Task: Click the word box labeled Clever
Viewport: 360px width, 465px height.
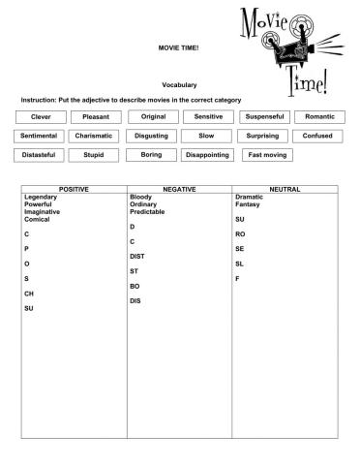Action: pyautogui.click(x=42, y=117)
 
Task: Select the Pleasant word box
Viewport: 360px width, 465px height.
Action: pyautogui.click(x=95, y=117)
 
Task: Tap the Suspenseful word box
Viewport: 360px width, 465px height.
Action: pyautogui.click(x=264, y=117)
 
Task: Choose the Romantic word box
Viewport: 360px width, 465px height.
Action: pyautogui.click(x=319, y=117)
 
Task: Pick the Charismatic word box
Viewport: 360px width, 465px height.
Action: pyautogui.click(x=95, y=136)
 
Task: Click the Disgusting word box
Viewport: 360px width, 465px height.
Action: pyautogui.click(x=151, y=136)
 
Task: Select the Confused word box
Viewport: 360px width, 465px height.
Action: pyautogui.click(x=317, y=136)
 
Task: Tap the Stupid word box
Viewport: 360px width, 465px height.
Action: pyautogui.click(x=94, y=154)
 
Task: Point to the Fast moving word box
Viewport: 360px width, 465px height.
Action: pyautogui.click(x=268, y=154)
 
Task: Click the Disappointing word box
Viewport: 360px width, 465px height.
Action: pyautogui.click(x=207, y=154)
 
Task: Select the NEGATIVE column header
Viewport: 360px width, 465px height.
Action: pyautogui.click(x=180, y=189)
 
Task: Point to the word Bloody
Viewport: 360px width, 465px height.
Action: pyautogui.click(x=140, y=197)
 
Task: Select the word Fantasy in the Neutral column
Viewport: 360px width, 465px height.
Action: pyautogui.click(x=248, y=204)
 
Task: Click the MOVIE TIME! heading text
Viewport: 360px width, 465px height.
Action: pyautogui.click(x=179, y=47)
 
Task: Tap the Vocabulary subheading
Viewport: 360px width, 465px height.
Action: pyautogui.click(x=179, y=85)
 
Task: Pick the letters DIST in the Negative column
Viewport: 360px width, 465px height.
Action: pyautogui.click(x=137, y=256)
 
